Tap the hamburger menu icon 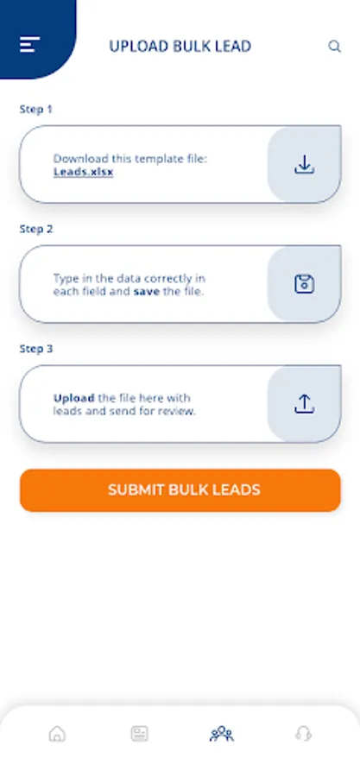coord(29,45)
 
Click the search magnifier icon coord(335,47)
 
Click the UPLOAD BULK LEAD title coord(180,46)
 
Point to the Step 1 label coord(35,109)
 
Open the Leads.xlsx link coord(83,173)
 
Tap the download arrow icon coord(305,165)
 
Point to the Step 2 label coord(36,229)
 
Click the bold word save coord(147,292)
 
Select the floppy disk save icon coord(305,284)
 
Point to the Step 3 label coord(36,349)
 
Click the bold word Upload coord(73,398)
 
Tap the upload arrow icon coord(305,404)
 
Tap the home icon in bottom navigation coord(58,733)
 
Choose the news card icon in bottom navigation coord(140,733)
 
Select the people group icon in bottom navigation coord(221,733)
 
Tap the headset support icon coord(303,733)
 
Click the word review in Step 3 coord(180,411)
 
